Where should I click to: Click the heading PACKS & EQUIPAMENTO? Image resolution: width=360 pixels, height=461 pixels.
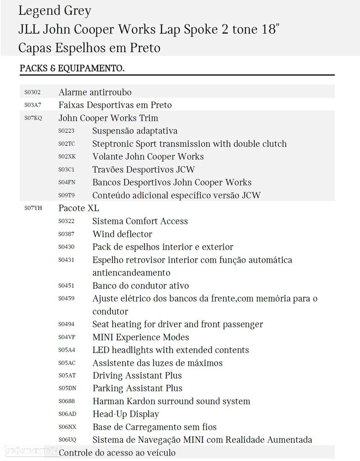72,68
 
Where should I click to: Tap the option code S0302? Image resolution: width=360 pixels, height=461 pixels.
32,92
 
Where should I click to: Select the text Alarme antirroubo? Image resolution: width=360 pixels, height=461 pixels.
95,92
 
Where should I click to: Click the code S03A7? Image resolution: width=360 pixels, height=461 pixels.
32,105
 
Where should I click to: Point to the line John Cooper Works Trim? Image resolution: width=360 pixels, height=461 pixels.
108,118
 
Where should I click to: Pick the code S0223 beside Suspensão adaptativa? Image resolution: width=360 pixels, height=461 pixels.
66,131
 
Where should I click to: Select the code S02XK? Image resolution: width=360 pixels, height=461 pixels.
66,157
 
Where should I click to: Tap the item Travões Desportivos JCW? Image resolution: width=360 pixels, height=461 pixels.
144,169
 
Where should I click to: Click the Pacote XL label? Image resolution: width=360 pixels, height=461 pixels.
78,208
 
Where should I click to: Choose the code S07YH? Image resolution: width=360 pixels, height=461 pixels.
33,209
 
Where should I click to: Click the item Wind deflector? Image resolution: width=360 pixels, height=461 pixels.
122,234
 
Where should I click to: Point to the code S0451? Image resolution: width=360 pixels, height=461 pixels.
66,286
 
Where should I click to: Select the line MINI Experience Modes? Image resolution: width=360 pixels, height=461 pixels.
140,337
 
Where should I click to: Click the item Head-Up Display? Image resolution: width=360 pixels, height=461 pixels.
126,414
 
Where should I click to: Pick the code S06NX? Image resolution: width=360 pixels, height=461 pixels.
66,427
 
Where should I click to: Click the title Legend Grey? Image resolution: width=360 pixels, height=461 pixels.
54,10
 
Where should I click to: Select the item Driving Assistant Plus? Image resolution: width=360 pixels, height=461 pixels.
137,376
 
